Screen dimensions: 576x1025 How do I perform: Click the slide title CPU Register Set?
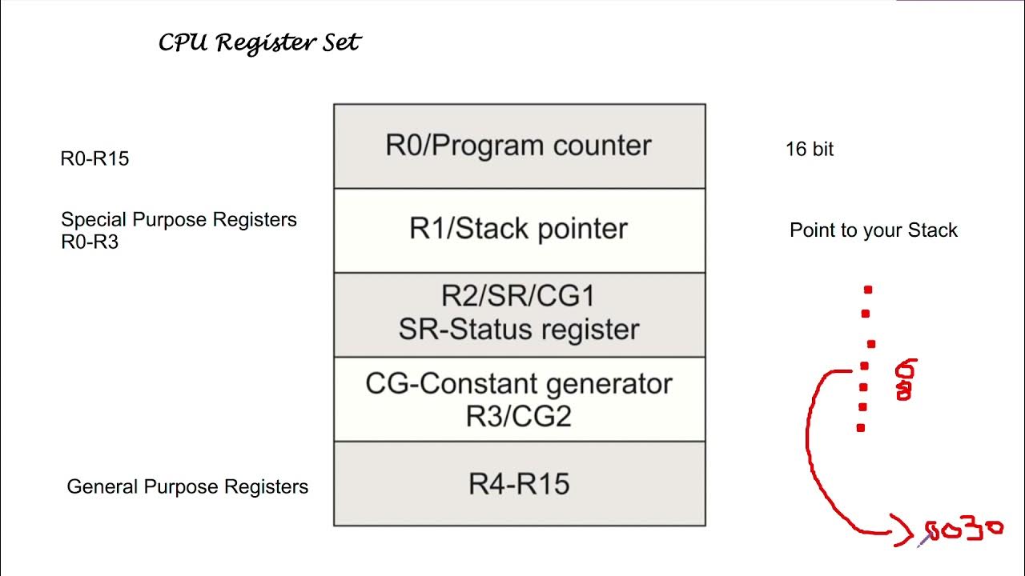pyautogui.click(x=259, y=42)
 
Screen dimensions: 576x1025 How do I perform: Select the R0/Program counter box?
pyautogui.click(x=519, y=146)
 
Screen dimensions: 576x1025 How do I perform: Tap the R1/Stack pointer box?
pyautogui.click(x=519, y=230)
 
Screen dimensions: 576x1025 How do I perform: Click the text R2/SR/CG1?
pyautogui.click(x=519, y=297)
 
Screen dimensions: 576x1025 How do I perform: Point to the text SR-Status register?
pyautogui.click(x=519, y=330)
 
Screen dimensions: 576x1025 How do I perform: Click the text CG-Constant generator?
pyautogui.click(x=519, y=384)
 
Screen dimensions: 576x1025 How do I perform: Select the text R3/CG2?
pyautogui.click(x=519, y=416)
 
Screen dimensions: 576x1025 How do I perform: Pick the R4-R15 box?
pyautogui.click(x=519, y=484)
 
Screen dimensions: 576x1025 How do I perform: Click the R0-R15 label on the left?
pyautogui.click(x=94, y=159)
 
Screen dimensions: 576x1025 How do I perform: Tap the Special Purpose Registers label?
pyautogui.click(x=179, y=220)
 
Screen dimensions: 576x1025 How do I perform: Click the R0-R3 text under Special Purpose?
pyautogui.click(x=90, y=242)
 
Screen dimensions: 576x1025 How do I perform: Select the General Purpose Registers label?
pyautogui.click(x=187, y=486)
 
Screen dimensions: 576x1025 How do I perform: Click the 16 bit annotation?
pyautogui.click(x=810, y=150)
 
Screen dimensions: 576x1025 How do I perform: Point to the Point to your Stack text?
pyautogui.click(x=873, y=230)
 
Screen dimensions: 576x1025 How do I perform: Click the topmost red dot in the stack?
pyautogui.click(x=868, y=290)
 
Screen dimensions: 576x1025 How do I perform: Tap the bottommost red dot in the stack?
pyautogui.click(x=861, y=428)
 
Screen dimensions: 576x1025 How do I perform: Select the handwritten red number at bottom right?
pyautogui.click(x=963, y=530)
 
